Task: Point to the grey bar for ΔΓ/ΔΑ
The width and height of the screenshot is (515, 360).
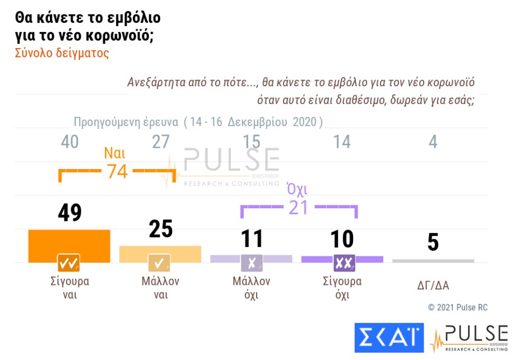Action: point(433,261)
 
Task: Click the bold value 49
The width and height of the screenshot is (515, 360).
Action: point(69,213)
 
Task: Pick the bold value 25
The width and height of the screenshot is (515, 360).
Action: point(160,228)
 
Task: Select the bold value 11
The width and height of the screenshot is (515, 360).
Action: point(251,239)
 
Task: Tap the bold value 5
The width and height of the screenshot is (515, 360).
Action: point(433,243)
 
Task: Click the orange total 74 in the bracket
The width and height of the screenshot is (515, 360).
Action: point(118,171)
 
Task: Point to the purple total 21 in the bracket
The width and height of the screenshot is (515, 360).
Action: point(299,208)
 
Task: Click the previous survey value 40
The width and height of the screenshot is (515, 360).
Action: point(69,142)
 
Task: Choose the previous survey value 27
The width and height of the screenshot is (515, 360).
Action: point(160,142)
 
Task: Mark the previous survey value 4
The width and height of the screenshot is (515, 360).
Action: point(433,142)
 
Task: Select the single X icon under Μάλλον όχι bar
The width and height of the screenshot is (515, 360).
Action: point(251,262)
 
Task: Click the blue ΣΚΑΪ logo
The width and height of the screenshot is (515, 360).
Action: point(389,338)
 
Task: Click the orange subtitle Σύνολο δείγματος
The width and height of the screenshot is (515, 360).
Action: point(61,54)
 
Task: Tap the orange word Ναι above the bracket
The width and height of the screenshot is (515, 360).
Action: point(114,153)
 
